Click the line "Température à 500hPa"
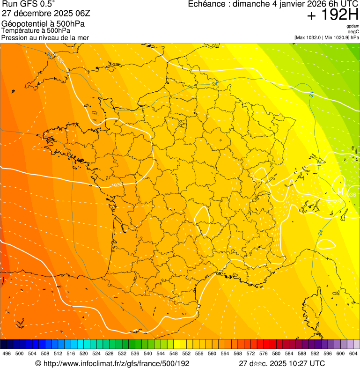39,31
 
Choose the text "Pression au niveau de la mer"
45,37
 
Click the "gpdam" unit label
353,26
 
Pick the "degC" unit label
354,31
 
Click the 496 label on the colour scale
6,353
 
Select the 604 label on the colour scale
353,353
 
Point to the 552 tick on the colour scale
186,353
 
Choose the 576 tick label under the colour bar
263,353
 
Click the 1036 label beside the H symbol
350,195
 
